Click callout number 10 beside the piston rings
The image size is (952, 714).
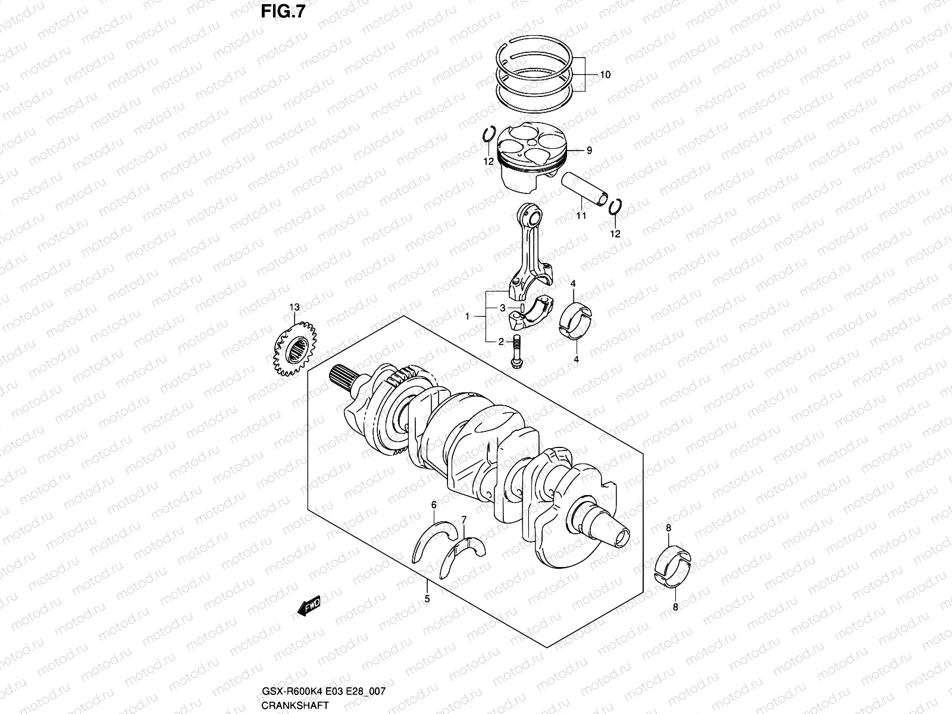point(605,75)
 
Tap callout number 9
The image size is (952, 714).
point(589,151)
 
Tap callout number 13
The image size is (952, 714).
point(293,307)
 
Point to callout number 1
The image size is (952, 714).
point(468,317)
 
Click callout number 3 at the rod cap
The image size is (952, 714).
point(502,308)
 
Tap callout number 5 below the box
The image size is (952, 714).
point(427,599)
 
